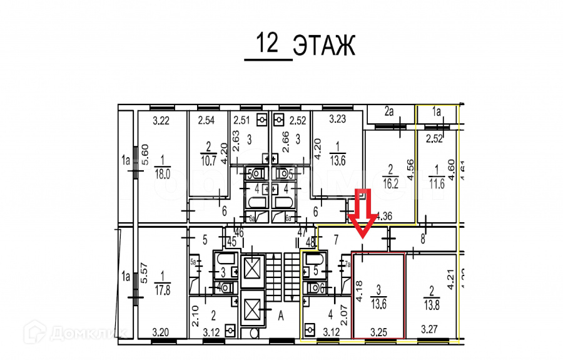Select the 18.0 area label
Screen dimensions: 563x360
coord(162,174)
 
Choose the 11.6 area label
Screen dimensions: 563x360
coord(436,184)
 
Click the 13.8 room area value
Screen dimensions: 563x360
coord(428,294)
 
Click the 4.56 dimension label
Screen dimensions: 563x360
coord(410,171)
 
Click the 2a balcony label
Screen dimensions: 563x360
coord(390,113)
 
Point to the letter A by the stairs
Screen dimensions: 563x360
coord(281,316)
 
